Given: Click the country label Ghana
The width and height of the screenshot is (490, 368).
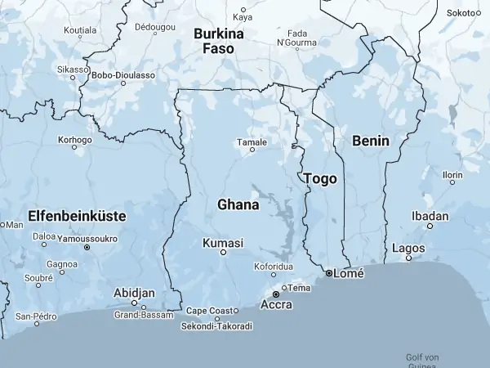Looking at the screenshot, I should [238, 204].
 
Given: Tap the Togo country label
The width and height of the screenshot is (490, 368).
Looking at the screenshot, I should [319, 178].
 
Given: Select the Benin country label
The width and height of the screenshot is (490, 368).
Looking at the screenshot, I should [371, 141].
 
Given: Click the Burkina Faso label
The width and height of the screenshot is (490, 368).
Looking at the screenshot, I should [218, 42].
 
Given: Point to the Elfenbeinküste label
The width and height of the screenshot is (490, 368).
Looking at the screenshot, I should [76, 216].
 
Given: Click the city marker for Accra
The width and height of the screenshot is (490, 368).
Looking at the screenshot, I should [276, 293].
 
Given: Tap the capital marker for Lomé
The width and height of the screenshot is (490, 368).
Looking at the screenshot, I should [329, 273].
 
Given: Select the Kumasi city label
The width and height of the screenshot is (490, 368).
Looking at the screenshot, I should [222, 243].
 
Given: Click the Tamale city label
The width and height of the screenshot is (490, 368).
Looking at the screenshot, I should [252, 142].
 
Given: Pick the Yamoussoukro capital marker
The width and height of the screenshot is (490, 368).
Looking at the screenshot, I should [87, 246].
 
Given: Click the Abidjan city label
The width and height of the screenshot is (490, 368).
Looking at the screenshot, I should [135, 292].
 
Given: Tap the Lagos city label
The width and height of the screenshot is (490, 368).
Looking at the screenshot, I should [408, 247].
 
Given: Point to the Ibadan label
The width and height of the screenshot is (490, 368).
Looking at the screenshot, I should [430, 217].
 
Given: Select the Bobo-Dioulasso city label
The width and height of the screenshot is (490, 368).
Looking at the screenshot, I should [123, 74].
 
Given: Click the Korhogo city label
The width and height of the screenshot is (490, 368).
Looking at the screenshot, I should [75, 140].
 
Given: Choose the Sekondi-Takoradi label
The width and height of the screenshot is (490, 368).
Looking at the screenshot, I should [216, 326].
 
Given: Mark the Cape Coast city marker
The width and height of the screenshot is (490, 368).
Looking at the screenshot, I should [236, 311].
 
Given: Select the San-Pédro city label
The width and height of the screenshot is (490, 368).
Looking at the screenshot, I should [36, 316].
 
